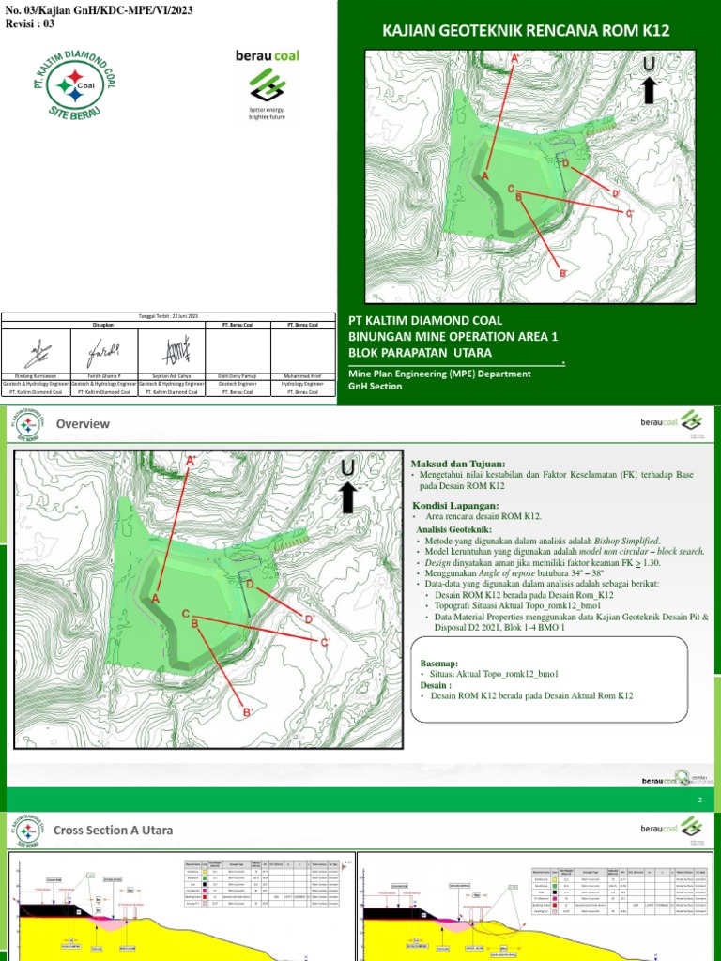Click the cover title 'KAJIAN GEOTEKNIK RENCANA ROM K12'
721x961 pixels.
pos(525,31)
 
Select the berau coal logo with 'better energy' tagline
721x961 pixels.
pos(267,85)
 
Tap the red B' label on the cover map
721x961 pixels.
pos(564,273)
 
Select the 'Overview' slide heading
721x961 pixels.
pos(83,424)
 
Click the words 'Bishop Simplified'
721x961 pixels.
pos(622,541)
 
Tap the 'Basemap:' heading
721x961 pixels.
pos(437,663)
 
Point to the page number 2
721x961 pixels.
pos(699,799)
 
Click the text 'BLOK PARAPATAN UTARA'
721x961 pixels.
pos(420,352)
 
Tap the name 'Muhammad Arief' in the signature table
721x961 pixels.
pos(302,374)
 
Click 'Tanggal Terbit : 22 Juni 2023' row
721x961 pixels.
pos(168,317)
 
